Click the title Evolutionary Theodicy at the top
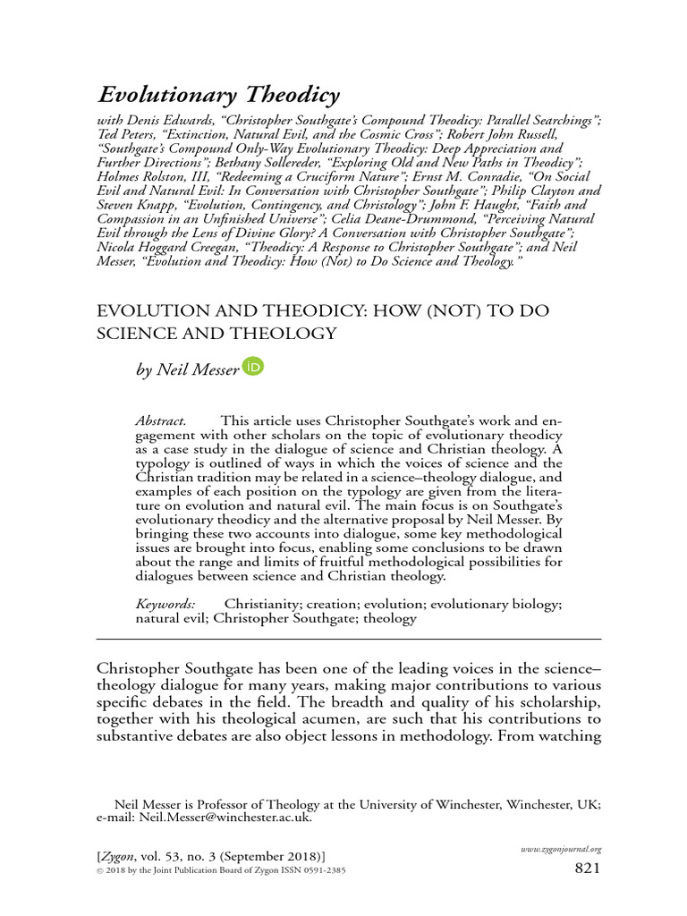218,96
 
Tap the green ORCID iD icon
254,367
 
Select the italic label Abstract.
160,420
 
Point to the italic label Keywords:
165,604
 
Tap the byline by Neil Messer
187,369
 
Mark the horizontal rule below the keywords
348,640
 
